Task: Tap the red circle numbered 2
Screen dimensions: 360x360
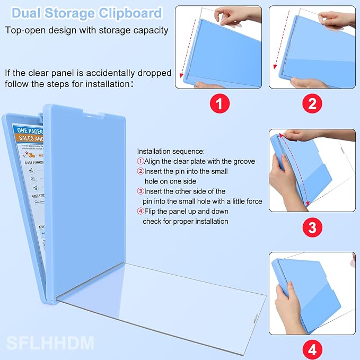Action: [x=312, y=103]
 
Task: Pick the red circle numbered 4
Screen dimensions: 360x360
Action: [x=312, y=349]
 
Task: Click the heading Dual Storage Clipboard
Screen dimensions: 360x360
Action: [x=90, y=13]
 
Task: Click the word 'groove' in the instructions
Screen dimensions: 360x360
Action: [x=242, y=161]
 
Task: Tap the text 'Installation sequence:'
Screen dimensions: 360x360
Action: [x=170, y=151]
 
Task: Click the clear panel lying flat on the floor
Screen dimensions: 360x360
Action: [x=159, y=302]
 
